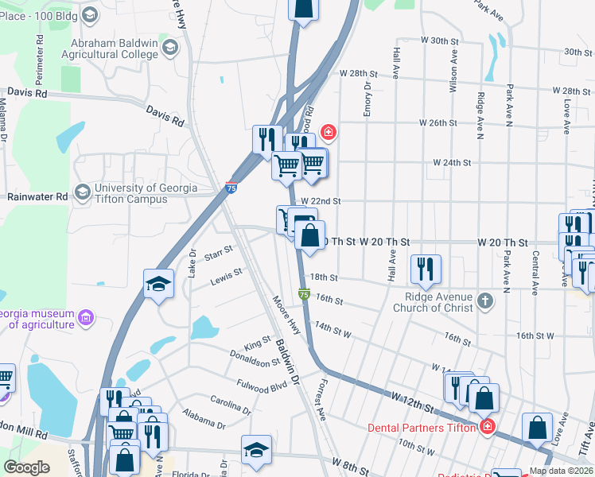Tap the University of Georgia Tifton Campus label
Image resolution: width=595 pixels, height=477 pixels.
pyautogui.click(x=145, y=193)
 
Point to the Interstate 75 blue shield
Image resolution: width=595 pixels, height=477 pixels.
pyautogui.click(x=231, y=188)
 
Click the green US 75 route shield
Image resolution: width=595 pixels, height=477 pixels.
pyautogui.click(x=304, y=294)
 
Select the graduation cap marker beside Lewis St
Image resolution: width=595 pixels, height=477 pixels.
pyautogui.click(x=159, y=284)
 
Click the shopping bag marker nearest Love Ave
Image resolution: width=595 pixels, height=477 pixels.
pyautogui.click(x=538, y=428)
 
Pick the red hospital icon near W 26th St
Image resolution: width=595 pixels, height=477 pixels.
pyautogui.click(x=327, y=132)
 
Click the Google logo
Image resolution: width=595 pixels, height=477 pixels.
pyautogui.click(x=26, y=467)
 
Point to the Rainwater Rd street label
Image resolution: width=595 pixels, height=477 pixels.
pyautogui.click(x=38, y=196)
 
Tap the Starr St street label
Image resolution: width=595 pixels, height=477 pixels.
pyautogui.click(x=217, y=252)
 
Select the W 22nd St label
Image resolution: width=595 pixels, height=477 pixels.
pyautogui.click(x=321, y=202)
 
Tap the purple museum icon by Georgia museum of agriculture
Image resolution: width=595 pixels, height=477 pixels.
pyautogui.click(x=86, y=319)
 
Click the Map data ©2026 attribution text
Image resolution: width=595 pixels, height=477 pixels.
pyautogui.click(x=561, y=471)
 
